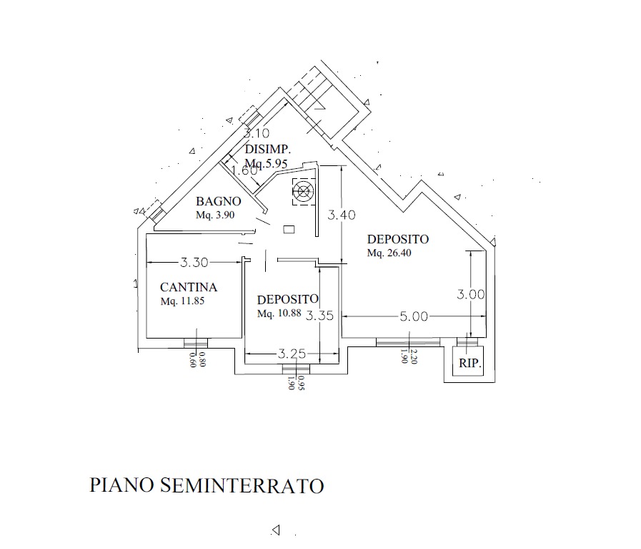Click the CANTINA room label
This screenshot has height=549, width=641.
click(x=189, y=287)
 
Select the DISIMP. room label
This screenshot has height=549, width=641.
click(x=267, y=150)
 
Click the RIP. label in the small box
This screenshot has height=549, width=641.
click(x=469, y=364)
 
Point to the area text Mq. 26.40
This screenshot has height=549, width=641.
click(x=389, y=253)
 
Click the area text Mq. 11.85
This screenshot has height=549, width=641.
click(x=183, y=301)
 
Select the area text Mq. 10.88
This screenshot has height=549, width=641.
click(x=280, y=314)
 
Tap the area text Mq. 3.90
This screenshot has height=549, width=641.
click(x=215, y=215)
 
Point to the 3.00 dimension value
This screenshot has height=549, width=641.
click(x=472, y=294)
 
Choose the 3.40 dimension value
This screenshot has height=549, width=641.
click(x=342, y=214)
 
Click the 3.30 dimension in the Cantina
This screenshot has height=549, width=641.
click(x=194, y=262)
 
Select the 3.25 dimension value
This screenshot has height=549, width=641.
click(x=292, y=354)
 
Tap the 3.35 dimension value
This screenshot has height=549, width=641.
click(x=319, y=316)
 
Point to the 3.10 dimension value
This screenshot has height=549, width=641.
click(x=256, y=133)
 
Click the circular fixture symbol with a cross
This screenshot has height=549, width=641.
click(x=303, y=192)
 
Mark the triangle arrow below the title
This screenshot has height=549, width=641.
click(x=276, y=530)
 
